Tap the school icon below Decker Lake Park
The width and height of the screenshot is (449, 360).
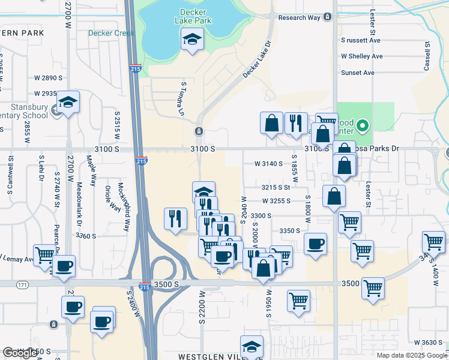click(x=192, y=40)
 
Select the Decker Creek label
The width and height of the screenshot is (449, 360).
click(x=111, y=34)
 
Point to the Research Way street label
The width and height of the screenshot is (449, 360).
click(x=300, y=18)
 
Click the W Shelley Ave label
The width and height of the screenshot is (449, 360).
click(x=361, y=56)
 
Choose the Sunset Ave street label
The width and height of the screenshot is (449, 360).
click(x=357, y=73)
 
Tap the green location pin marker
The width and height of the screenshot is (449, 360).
click(x=362, y=126)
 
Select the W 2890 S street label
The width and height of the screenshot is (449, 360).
click(x=49, y=78)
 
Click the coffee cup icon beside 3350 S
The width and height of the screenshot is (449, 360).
click(x=316, y=244)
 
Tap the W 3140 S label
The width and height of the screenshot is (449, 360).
click(x=268, y=163)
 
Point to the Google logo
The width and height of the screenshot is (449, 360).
click(x=20, y=353)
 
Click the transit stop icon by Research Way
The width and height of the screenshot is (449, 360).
click(x=327, y=17)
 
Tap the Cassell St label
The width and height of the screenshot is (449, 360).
click(x=427, y=54)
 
